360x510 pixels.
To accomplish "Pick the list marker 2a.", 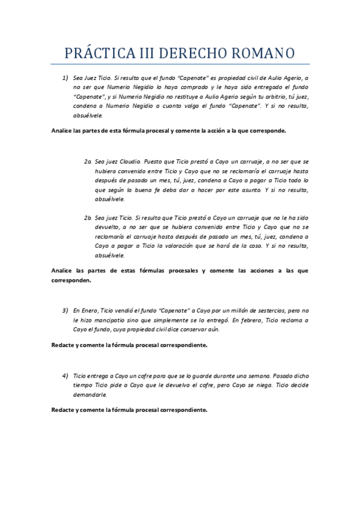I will coord(88,162).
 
